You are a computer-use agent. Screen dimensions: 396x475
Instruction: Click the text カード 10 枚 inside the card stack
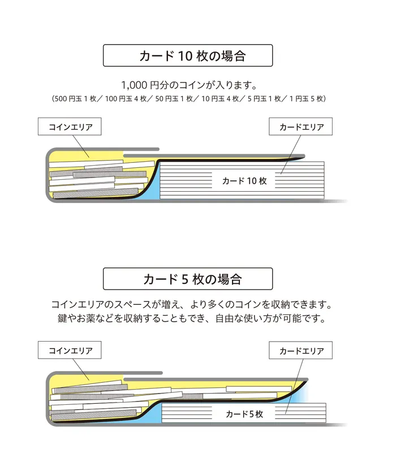point(244,181)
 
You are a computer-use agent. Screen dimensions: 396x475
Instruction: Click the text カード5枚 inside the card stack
point(244,414)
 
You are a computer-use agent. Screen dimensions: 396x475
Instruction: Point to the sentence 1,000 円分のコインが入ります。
point(189,85)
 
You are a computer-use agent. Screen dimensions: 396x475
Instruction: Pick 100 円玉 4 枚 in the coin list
point(126,99)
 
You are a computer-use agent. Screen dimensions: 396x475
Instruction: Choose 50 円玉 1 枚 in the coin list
point(174,99)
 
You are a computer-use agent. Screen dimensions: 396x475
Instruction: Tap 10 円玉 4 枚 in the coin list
point(220,99)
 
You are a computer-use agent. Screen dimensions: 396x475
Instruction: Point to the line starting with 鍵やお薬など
point(191,318)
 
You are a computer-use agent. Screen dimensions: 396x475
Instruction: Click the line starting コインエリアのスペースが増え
point(191,304)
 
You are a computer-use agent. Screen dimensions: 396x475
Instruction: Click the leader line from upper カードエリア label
point(291,154)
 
